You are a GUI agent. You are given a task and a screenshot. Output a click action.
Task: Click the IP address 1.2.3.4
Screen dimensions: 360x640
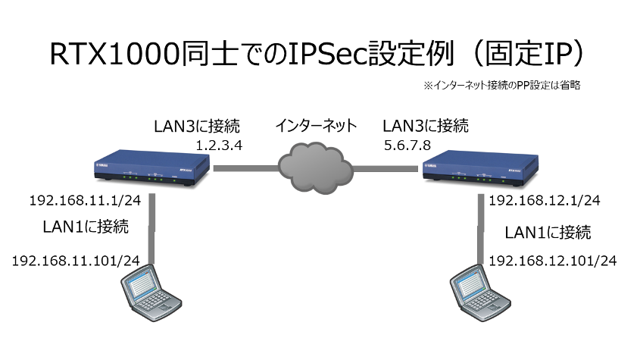[219, 144]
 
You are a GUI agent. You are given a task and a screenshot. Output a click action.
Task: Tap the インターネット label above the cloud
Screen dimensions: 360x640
[317, 124]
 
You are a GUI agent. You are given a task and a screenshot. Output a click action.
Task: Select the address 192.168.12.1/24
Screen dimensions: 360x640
[545, 201]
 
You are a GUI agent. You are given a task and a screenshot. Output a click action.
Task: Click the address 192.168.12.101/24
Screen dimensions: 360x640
[553, 260]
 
